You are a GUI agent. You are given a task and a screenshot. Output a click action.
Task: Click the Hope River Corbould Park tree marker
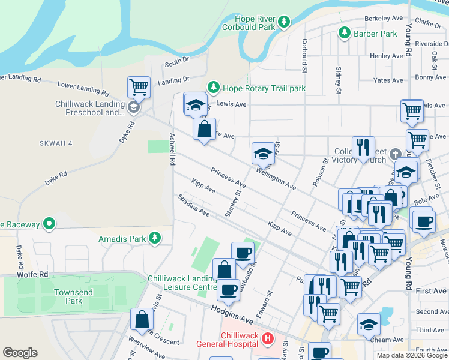tap(284, 23)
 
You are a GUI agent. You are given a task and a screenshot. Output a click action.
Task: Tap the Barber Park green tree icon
tap(345, 33)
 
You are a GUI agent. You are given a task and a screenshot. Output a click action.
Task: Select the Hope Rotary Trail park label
tap(264, 88)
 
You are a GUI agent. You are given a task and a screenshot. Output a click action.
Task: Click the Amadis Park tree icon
tap(155, 238)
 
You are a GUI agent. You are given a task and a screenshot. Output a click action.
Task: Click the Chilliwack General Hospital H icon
tap(268, 340)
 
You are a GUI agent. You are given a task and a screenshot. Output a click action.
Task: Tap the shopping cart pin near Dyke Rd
tap(139, 88)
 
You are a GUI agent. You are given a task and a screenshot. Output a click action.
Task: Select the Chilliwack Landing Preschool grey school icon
tap(133, 107)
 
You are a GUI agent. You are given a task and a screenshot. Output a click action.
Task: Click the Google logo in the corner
tap(20, 353)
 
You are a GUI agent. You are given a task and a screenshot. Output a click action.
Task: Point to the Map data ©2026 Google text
tap(411, 355)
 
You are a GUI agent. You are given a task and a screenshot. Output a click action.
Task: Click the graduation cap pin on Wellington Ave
tap(263, 154)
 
